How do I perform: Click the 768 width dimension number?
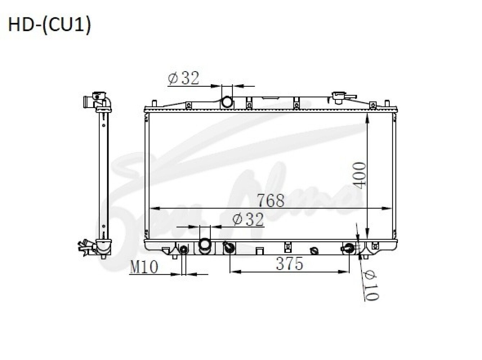tap(270, 200)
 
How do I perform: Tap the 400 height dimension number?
tap(360, 175)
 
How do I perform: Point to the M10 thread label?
tap(144, 267)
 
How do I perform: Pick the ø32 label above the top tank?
tap(183, 78)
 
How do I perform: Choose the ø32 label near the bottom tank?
tap(248, 219)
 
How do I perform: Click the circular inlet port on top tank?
tap(227, 102)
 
